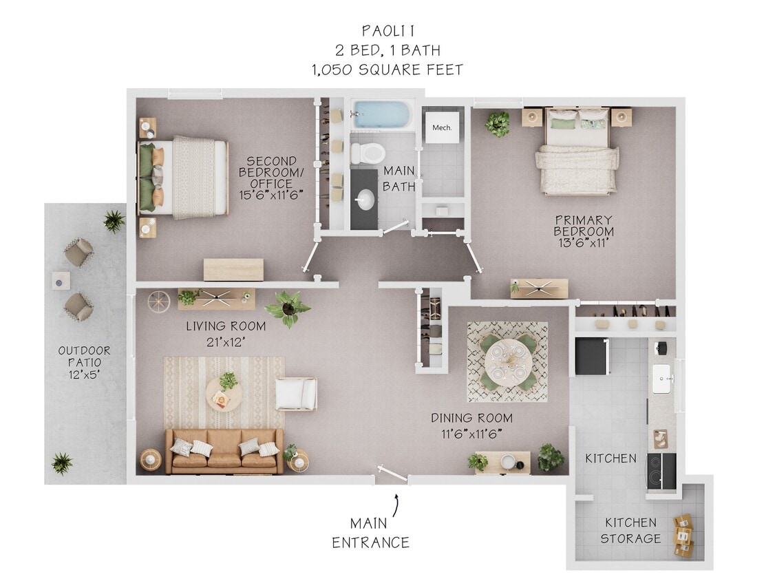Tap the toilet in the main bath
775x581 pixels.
pyautogui.click(x=365, y=153)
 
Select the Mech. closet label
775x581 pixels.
pyautogui.click(x=441, y=128)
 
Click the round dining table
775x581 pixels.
pyautogui.click(x=507, y=361)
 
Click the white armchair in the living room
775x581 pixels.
pyautogui.click(x=296, y=394)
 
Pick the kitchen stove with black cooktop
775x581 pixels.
pyautogui.click(x=661, y=470)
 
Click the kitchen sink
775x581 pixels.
pyautogui.click(x=662, y=378)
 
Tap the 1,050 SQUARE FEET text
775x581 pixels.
pyautogui.click(x=387, y=70)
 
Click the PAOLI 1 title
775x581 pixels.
pyautogui.click(x=387, y=31)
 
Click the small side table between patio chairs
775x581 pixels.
pyautogui.click(x=61, y=280)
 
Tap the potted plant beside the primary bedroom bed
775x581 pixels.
pyautogui.click(x=498, y=123)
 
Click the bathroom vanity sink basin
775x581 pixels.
pyautogui.click(x=366, y=200)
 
